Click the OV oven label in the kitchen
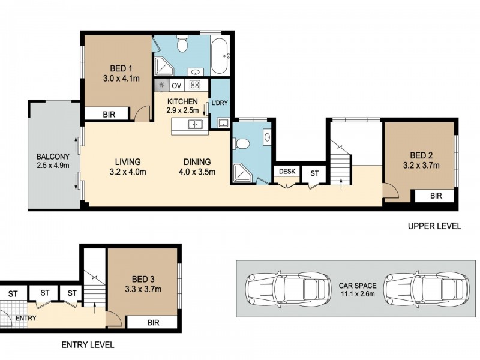[x=177, y=85]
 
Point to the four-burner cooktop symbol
[x=195, y=85]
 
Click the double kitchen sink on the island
[x=194, y=125]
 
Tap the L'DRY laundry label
[x=220, y=103]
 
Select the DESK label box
[x=287, y=172]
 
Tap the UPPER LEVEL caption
[x=434, y=226]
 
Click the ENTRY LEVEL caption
[x=88, y=345]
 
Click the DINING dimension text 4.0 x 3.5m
[x=197, y=172]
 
